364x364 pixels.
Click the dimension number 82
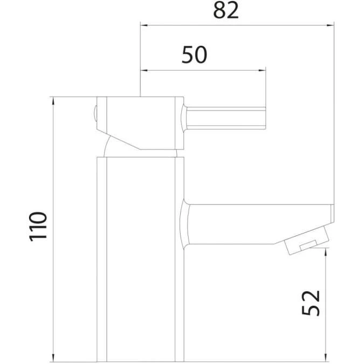pyautogui.click(x=225, y=10)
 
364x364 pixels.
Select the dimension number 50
pyautogui.click(x=195, y=56)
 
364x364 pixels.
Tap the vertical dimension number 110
pyautogui.click(x=39, y=226)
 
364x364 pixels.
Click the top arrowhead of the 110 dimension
pyautogui.click(x=53, y=100)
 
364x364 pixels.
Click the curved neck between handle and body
pyautogui.click(x=111, y=146)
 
